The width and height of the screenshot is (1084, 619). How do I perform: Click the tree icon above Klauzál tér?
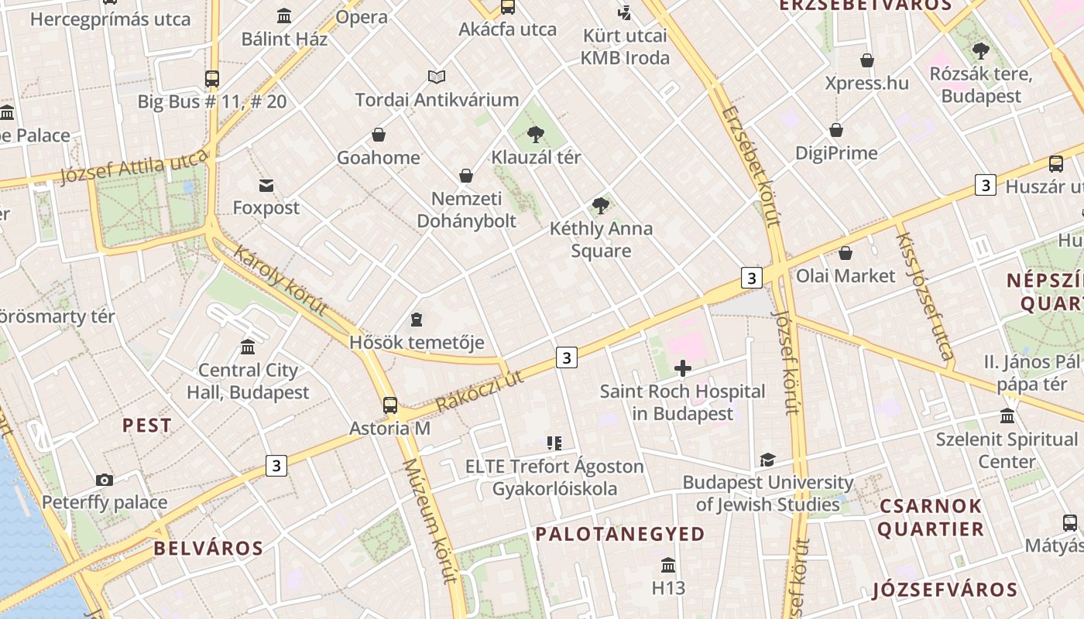[x=535, y=134]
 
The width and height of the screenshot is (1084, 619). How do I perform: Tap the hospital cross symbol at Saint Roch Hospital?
[x=682, y=368]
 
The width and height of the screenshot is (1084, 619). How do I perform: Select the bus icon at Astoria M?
[x=390, y=405]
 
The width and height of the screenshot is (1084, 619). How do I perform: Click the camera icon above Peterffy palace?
[x=105, y=480]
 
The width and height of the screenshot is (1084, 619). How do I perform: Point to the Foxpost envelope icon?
[x=266, y=185]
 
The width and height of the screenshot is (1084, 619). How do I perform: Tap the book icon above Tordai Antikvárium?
[x=437, y=77]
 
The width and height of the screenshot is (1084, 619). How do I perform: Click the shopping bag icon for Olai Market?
[x=846, y=253]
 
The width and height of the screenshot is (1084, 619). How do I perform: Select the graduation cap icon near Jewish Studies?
[x=767, y=460]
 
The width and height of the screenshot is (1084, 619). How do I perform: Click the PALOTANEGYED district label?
[x=619, y=534]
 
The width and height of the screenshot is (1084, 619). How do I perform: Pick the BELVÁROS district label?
[x=208, y=549]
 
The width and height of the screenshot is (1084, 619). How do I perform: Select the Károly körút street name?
[x=280, y=280]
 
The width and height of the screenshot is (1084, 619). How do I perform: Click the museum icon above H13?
[x=668, y=565]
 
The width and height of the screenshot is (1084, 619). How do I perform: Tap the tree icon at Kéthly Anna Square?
[x=600, y=205]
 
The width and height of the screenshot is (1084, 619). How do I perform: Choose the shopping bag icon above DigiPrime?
[x=836, y=130]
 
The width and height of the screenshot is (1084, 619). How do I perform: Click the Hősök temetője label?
[x=417, y=342]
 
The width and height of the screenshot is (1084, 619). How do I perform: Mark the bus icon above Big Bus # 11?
[x=212, y=78]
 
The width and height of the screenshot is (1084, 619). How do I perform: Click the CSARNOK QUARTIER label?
[x=931, y=518]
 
